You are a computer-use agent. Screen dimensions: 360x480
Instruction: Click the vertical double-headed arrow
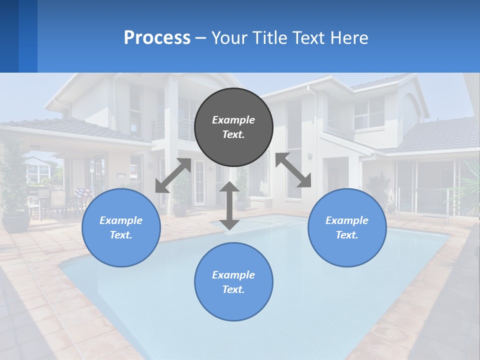click(229, 205)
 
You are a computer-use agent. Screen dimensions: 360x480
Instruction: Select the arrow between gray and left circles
click(173, 175)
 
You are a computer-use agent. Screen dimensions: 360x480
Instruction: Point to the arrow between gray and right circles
click(293, 170)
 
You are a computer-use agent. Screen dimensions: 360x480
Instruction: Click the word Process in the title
click(157, 38)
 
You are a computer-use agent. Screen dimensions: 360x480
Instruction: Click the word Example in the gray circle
click(233, 120)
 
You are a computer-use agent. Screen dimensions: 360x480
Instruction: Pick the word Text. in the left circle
click(121, 235)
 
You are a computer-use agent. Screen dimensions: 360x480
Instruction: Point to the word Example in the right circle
click(347, 220)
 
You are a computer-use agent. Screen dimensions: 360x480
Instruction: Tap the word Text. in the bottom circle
click(233, 289)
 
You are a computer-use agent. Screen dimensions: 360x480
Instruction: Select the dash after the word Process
click(201, 38)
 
